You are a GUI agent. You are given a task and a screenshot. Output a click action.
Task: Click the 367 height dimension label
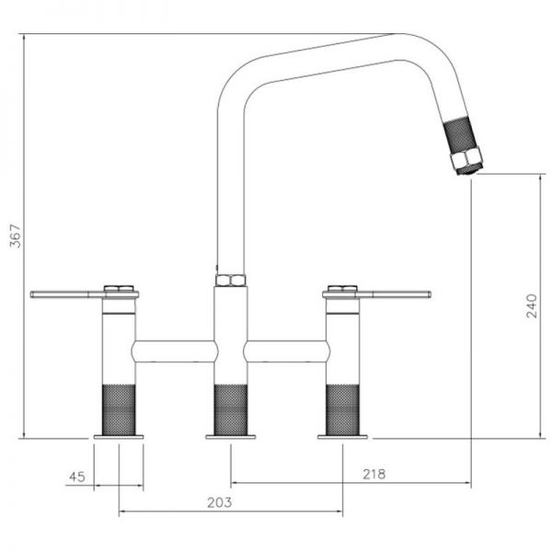coord(16,236)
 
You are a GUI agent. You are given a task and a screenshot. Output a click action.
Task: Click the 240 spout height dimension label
coord(531,306)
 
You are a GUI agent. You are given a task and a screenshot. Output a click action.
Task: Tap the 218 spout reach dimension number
coord(374,474)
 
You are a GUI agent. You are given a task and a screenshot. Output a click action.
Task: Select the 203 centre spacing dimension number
coord(219,502)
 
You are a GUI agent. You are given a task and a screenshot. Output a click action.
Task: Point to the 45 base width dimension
coord(77,477)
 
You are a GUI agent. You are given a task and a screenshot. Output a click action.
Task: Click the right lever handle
coord(376,294)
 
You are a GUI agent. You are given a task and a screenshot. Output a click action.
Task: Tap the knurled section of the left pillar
coord(119,409)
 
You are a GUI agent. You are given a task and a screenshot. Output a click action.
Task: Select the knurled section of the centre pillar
coord(231,409)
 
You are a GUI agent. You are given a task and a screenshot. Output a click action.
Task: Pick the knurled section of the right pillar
coord(342,409)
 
